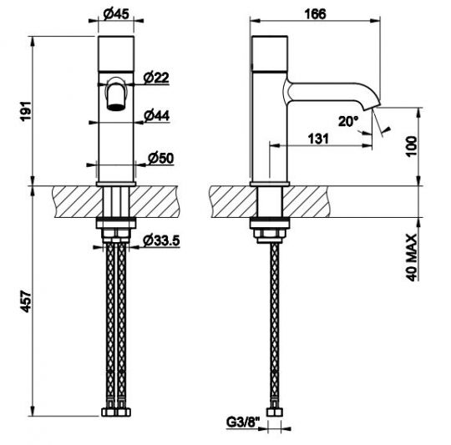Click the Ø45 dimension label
tap(116, 13)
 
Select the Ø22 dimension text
tap(156, 77)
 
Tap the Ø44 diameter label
tap(157, 115)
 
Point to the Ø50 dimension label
tap(161, 158)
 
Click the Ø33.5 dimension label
tap(161, 240)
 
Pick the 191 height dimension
tap(26, 111)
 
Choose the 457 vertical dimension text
tap(26, 301)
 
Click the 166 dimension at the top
tap(315, 14)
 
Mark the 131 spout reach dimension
tap(318, 139)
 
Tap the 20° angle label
tap(348, 121)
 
